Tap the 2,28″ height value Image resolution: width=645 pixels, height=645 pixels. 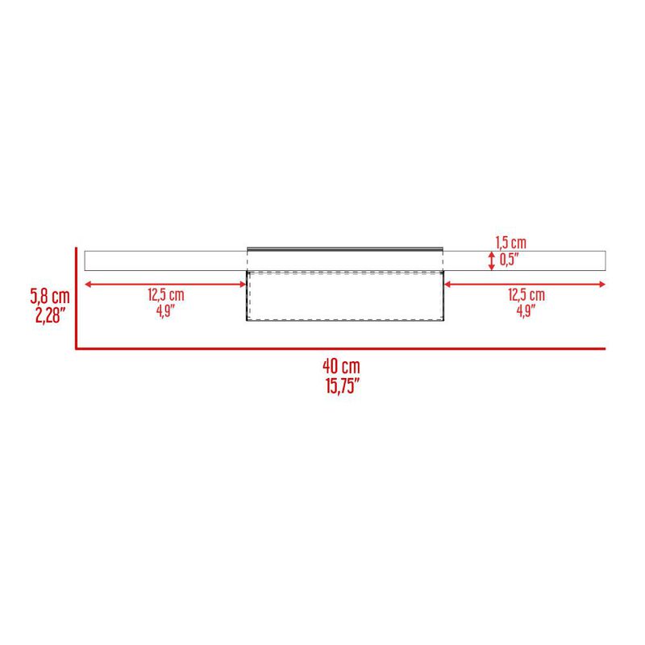pyautogui.click(x=40, y=314)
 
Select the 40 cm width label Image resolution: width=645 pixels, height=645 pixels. pyautogui.click(x=342, y=367)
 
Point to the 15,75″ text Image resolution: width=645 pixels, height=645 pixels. pyautogui.click(x=342, y=385)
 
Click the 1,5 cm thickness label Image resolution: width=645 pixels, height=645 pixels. pyautogui.click(x=510, y=243)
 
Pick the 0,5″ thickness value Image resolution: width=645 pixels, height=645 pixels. pyautogui.click(x=510, y=259)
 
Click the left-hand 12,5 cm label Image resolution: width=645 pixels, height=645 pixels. pyautogui.click(x=165, y=295)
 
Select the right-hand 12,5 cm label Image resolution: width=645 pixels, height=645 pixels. pyautogui.click(x=526, y=295)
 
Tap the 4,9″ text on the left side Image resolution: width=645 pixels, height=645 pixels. pyautogui.click(x=165, y=310)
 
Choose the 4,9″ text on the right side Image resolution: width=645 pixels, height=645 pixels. pyautogui.click(x=526, y=310)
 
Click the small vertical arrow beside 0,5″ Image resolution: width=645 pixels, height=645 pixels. pyautogui.click(x=491, y=260)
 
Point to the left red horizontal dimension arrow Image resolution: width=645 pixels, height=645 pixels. pyautogui.click(x=165, y=283)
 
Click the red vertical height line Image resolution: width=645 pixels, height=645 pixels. pyautogui.click(x=76, y=298)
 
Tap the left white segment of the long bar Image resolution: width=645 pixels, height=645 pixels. pyautogui.click(x=165, y=260)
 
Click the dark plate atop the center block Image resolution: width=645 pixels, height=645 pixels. pyautogui.click(x=344, y=248)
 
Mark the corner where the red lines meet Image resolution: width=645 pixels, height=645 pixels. pyautogui.click(x=76, y=348)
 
